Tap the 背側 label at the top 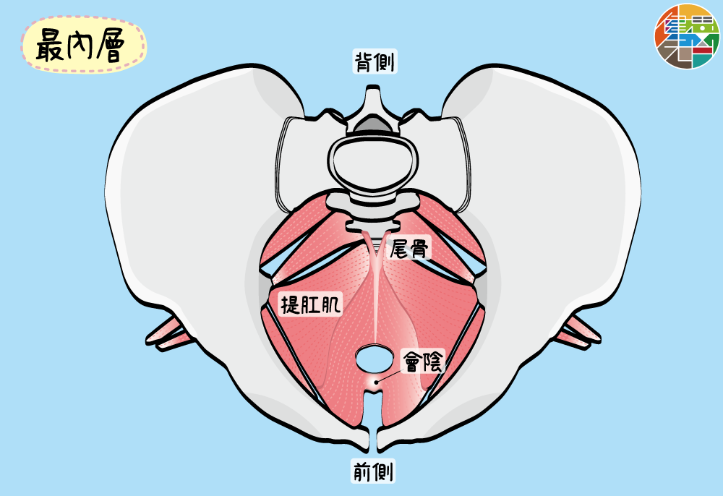tap(374, 62)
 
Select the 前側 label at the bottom tap(373, 471)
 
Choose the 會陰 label tap(422, 360)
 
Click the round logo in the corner tap(688, 36)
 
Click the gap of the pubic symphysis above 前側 tap(374, 434)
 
